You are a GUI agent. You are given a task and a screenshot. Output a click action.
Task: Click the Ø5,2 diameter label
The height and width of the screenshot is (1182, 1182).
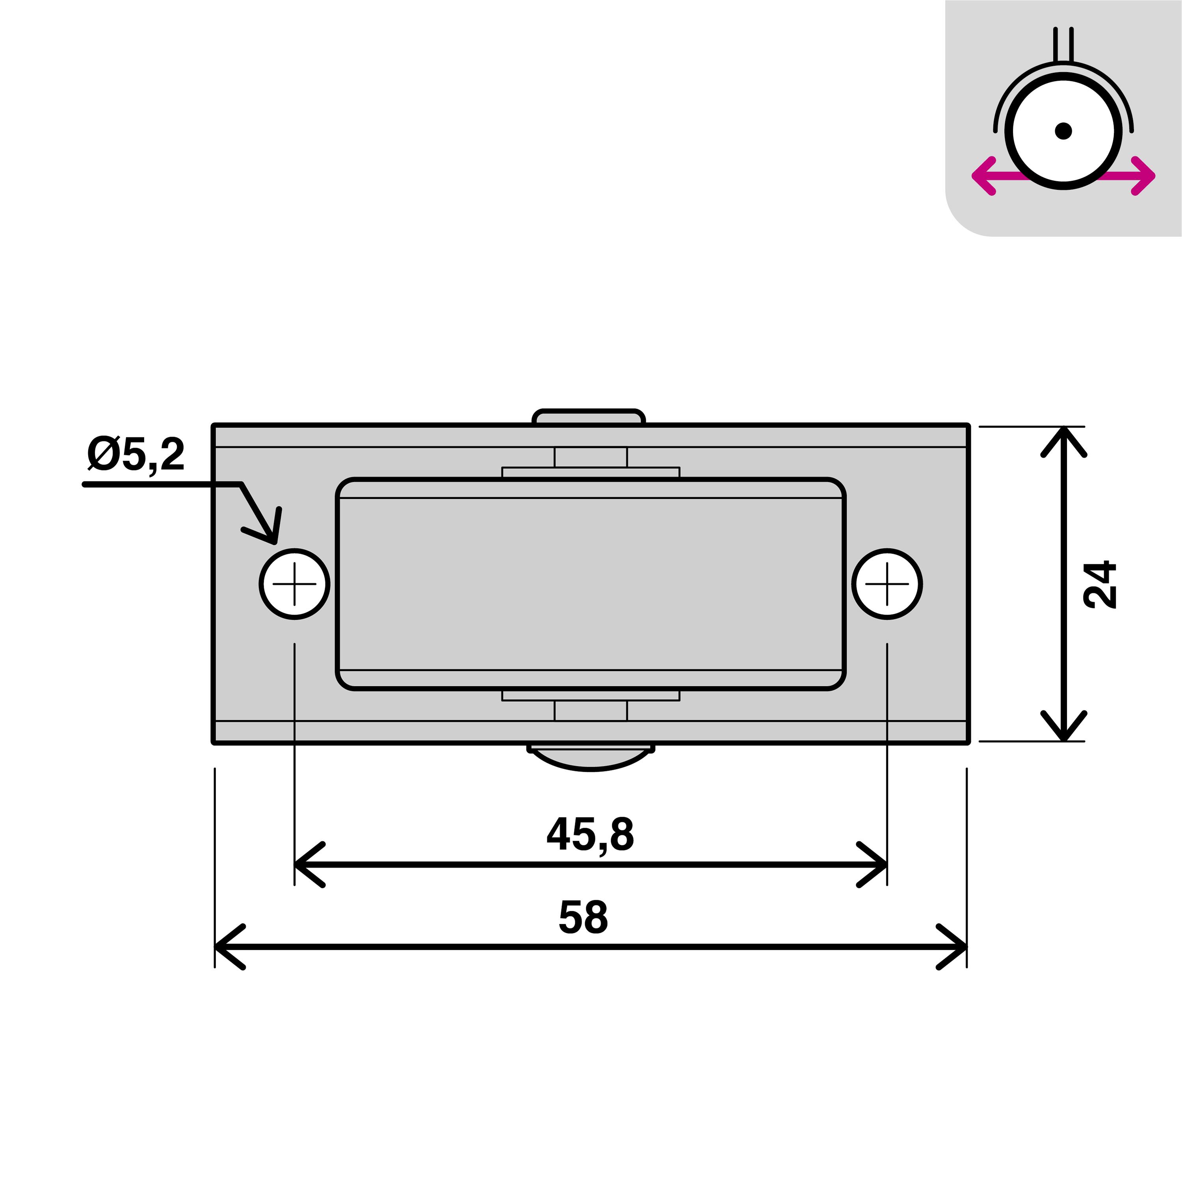[136, 455]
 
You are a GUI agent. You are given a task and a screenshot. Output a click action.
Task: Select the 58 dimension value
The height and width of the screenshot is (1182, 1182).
[583, 918]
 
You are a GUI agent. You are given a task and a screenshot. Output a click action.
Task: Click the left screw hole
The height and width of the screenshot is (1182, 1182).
[294, 584]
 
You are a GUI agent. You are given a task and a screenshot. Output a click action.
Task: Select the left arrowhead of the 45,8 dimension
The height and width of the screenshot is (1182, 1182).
[306, 864]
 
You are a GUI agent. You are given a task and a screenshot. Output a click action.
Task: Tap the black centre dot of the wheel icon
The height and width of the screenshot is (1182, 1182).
[1063, 131]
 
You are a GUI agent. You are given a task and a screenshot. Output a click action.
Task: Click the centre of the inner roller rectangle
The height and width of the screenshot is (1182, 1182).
[590, 584]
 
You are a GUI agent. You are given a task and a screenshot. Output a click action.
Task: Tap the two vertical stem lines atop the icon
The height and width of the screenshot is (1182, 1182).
[1063, 44]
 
